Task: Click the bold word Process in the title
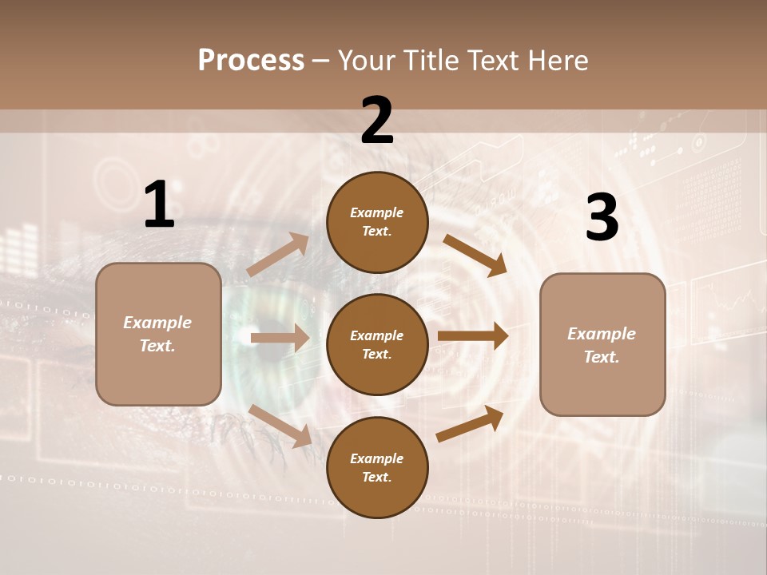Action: click(x=251, y=61)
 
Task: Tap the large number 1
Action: click(x=159, y=204)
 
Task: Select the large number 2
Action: click(x=377, y=121)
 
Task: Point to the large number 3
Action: click(x=602, y=218)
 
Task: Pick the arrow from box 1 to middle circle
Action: click(x=280, y=338)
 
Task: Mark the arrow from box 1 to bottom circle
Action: click(x=280, y=425)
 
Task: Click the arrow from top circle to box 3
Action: click(x=475, y=256)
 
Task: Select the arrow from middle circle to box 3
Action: click(x=473, y=335)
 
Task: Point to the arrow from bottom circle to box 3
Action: click(x=470, y=423)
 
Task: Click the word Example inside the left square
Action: click(x=157, y=323)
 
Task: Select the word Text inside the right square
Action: click(x=601, y=357)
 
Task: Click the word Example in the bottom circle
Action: click(x=377, y=458)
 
